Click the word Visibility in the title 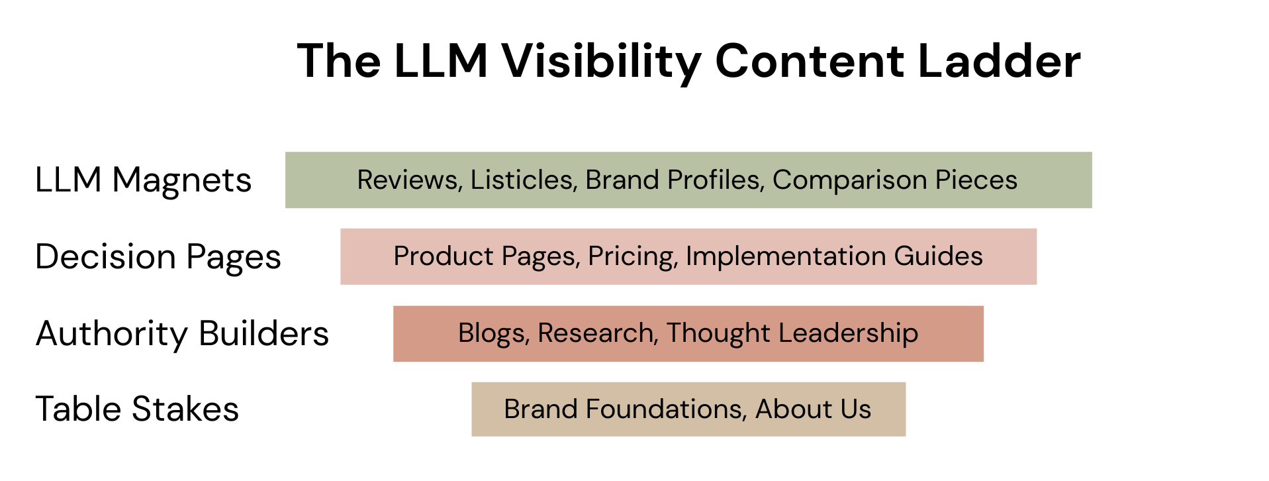600,62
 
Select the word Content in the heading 810,62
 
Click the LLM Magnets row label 143,180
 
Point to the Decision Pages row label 158,257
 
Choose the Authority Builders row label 182,333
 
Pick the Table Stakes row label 137,409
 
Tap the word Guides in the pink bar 938,256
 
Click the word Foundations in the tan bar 666,409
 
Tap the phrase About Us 813,409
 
